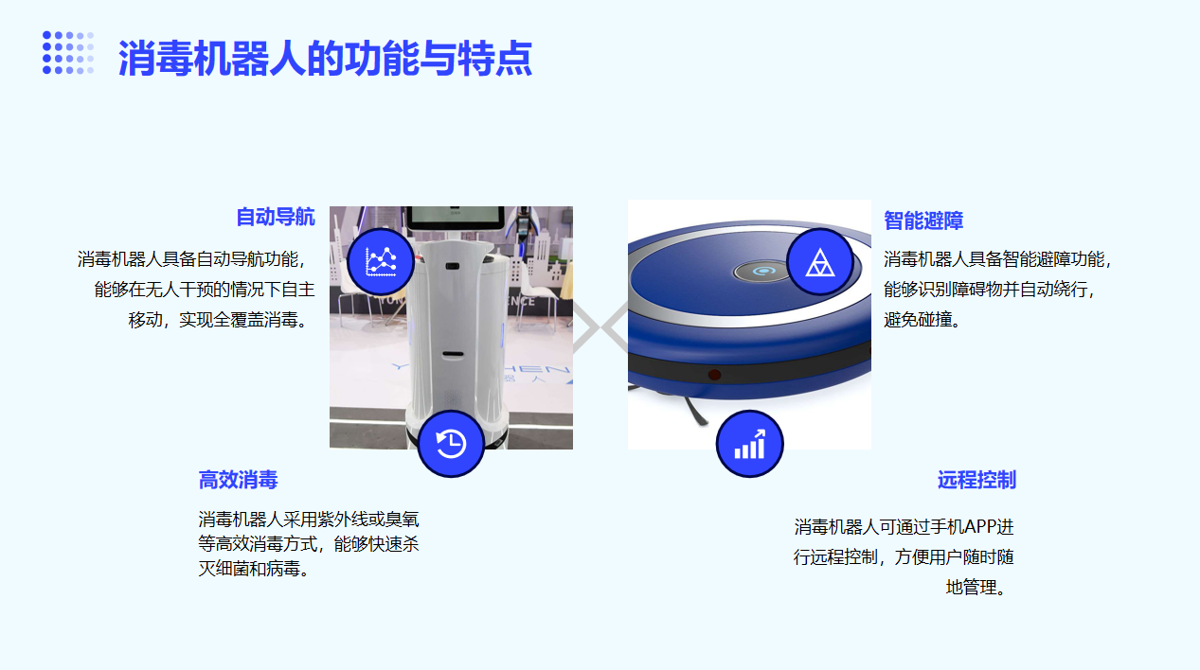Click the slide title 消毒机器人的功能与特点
pyautogui.click(x=325, y=58)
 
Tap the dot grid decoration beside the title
pyautogui.click(x=68, y=52)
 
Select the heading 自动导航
pyautogui.click(x=276, y=218)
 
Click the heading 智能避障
pyautogui.click(x=923, y=220)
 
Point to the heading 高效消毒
pyautogui.click(x=238, y=480)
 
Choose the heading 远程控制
pyautogui.click(x=976, y=480)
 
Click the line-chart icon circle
pyautogui.click(x=381, y=262)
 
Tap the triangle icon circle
pyautogui.click(x=819, y=262)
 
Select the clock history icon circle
pyautogui.click(x=451, y=444)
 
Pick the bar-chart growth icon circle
pyautogui.click(x=749, y=444)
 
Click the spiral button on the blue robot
pyautogui.click(x=761, y=272)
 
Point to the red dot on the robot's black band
pyautogui.click(x=714, y=374)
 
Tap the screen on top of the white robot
pyautogui.click(x=455, y=218)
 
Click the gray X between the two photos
pyautogui.click(x=600, y=327)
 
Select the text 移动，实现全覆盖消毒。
pyautogui.click(x=219, y=320)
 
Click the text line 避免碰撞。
pyautogui.click(x=922, y=320)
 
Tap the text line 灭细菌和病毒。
pyautogui.click(x=255, y=569)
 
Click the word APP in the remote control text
pyautogui.click(x=980, y=527)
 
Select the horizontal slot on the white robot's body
pyautogui.click(x=453, y=354)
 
